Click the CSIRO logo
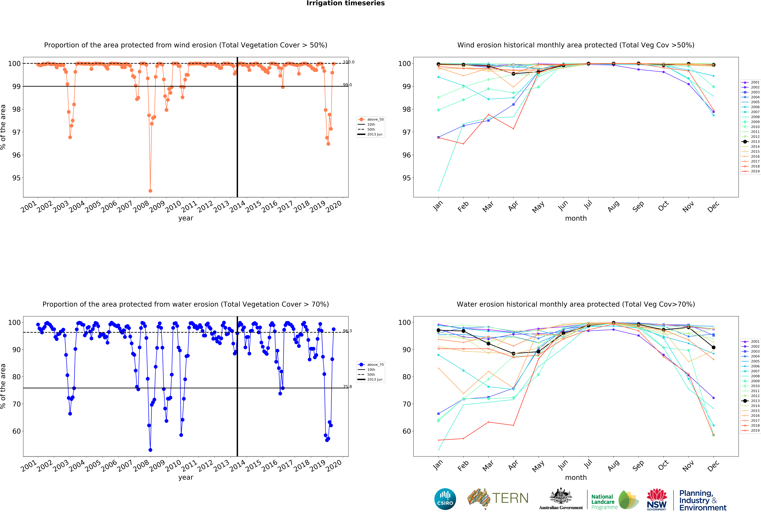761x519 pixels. point(445,499)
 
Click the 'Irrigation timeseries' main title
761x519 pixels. point(345,3)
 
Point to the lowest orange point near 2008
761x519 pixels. point(150,191)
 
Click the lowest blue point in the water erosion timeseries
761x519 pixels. point(150,450)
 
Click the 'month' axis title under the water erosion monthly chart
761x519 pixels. point(576,477)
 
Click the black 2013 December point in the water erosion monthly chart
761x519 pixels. point(714,347)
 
